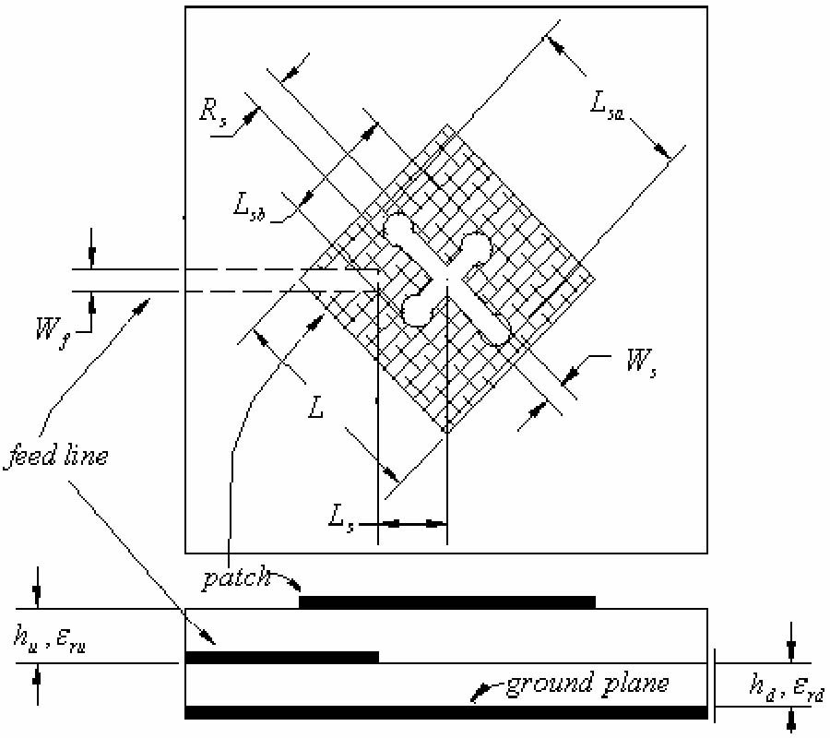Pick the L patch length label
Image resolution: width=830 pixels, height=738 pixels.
tap(316, 407)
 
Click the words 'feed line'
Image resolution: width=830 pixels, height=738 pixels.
tap(55, 455)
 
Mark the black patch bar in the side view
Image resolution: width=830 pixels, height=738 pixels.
tap(447, 602)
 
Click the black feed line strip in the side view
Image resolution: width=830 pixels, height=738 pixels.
tap(282, 657)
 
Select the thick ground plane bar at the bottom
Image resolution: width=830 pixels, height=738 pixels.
tap(446, 711)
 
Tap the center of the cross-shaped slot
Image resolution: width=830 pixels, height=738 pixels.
tap(446, 276)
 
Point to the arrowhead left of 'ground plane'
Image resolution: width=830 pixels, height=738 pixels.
tap(479, 691)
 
